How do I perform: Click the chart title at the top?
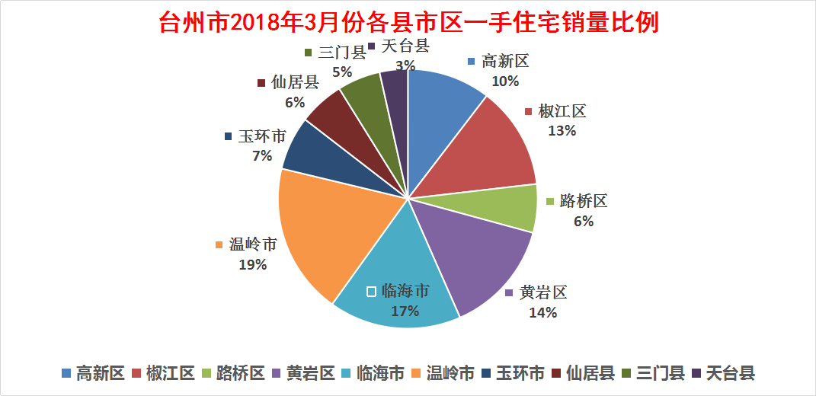click(408, 21)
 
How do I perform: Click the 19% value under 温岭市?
click(252, 265)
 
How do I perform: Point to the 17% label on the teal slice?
click(405, 311)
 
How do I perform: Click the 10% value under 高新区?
click(504, 81)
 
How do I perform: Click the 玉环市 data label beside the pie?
click(262, 137)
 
